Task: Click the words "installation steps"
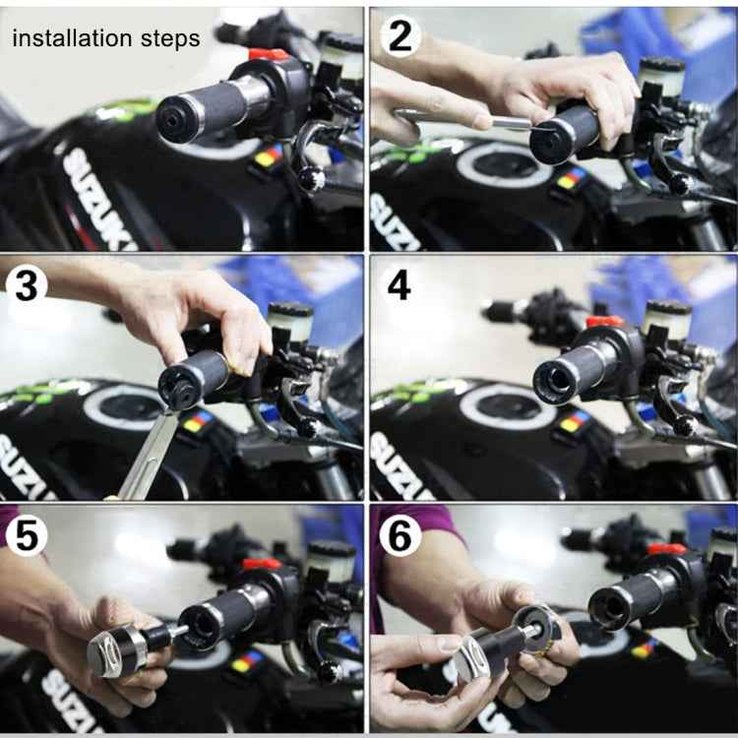tap(105, 39)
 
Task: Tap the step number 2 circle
tap(400, 35)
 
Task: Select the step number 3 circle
tap(28, 284)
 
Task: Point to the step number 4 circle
tap(400, 284)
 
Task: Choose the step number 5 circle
tap(26, 536)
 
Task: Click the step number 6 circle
tap(400, 536)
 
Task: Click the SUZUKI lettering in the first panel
tap(98, 197)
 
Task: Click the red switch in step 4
tap(605, 322)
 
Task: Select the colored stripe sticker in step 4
tap(575, 423)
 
